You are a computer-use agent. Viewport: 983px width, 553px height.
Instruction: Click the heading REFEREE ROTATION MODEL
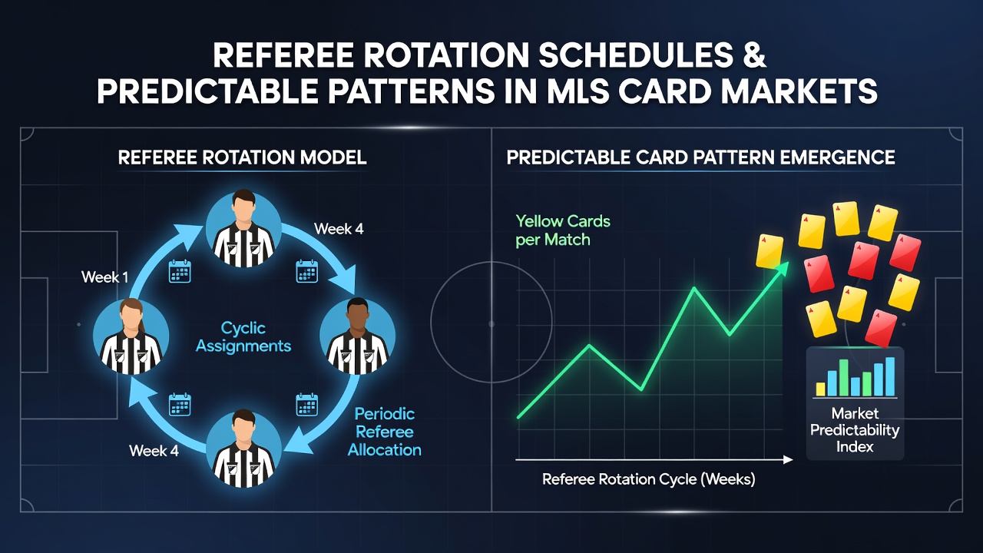point(242,157)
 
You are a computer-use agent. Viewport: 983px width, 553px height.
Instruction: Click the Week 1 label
point(105,277)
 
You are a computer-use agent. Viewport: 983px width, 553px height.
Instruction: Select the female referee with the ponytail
point(131,336)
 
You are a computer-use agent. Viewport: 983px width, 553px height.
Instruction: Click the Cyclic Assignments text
point(243,337)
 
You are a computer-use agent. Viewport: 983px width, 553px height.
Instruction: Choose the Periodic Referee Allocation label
point(385,432)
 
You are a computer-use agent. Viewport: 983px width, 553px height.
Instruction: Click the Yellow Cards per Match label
point(563,230)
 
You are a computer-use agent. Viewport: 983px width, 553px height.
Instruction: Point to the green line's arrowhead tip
point(789,263)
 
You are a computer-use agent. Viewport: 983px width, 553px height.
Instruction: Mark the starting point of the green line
point(518,417)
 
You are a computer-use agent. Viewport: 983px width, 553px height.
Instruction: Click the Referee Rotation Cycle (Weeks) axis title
point(649,478)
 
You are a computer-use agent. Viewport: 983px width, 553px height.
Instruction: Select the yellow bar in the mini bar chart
point(820,389)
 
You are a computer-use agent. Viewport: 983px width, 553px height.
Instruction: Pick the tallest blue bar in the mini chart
point(890,376)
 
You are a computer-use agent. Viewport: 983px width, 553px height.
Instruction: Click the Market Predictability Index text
point(855,430)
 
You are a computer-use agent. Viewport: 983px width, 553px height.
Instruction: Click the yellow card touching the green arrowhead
point(770,251)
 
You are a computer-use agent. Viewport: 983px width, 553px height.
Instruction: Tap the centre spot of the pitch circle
point(491,324)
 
